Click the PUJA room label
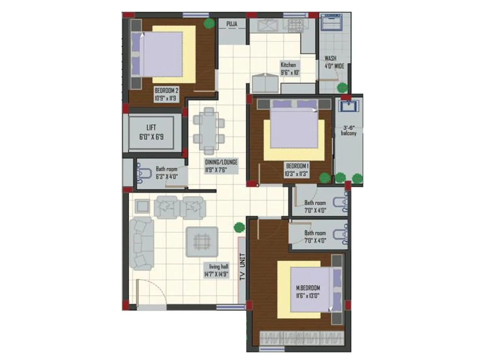[x=232, y=24]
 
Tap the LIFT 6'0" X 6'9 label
[x=151, y=132]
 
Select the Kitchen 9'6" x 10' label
[x=290, y=69]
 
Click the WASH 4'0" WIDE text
[x=334, y=62]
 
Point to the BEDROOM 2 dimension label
[x=166, y=94]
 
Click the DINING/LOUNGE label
[x=221, y=166]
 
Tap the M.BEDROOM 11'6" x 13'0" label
[x=308, y=292]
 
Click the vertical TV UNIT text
[x=242, y=267]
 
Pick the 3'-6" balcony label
[x=349, y=131]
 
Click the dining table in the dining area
[x=209, y=131]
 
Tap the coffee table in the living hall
[x=202, y=242]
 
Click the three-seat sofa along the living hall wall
[x=142, y=244]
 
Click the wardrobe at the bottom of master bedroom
[x=302, y=338]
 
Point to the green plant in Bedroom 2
[x=208, y=24]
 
